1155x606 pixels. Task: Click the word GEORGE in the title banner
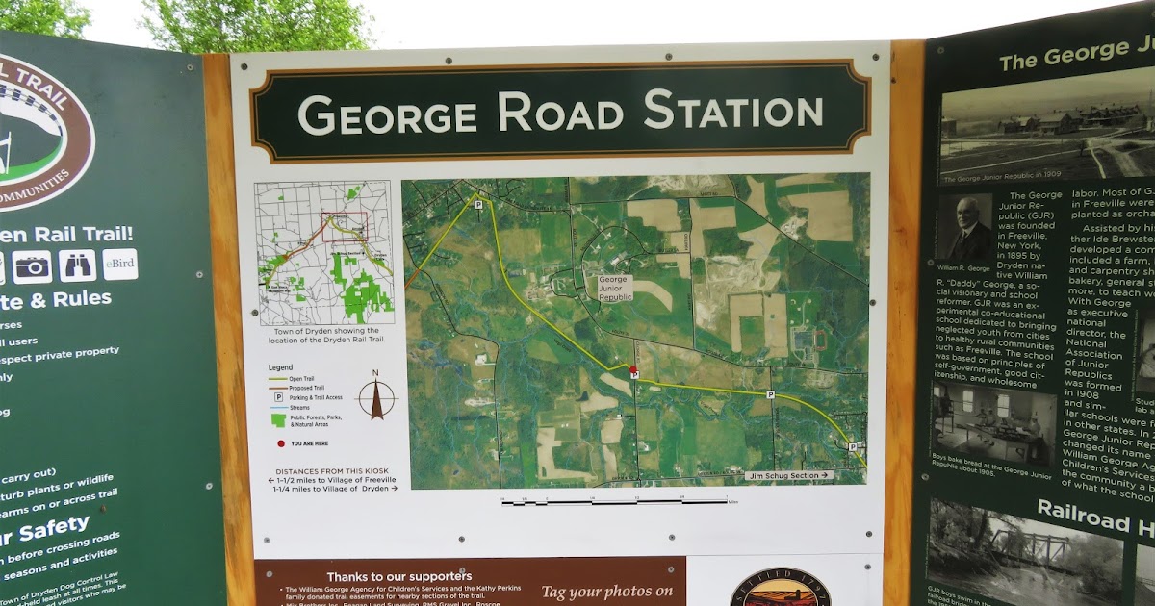point(387,114)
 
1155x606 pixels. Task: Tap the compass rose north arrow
point(376,397)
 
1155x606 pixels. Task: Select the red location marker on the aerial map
point(632,369)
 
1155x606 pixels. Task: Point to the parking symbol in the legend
point(279,396)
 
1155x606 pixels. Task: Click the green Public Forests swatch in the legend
point(279,418)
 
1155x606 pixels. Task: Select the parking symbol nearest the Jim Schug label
point(853,446)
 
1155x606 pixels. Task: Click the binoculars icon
point(77,265)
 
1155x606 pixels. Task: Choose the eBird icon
point(120,264)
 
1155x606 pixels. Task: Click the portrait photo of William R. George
point(967,229)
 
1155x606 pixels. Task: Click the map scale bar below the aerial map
point(616,501)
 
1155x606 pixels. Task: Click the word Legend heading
point(280,367)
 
